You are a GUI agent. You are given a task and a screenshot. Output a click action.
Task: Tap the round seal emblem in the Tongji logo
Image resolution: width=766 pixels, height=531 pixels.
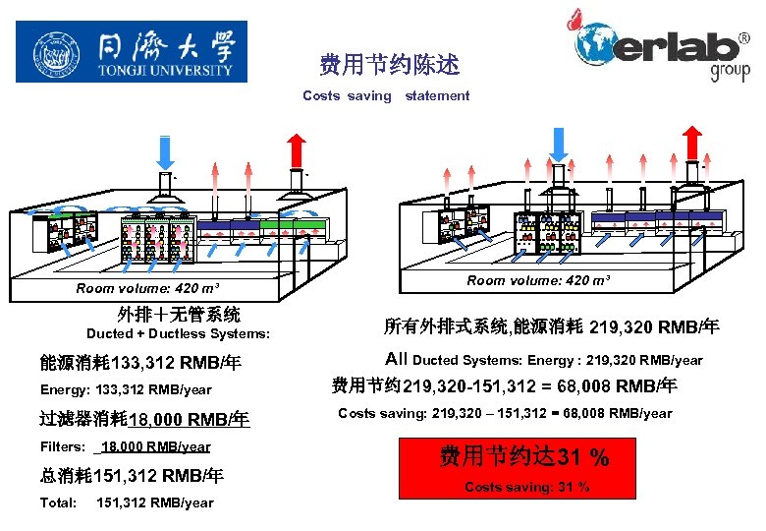57,52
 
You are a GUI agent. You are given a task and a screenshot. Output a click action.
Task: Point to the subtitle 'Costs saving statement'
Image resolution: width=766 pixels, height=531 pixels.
386,95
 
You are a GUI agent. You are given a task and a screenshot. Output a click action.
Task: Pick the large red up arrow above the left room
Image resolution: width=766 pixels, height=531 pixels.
297,149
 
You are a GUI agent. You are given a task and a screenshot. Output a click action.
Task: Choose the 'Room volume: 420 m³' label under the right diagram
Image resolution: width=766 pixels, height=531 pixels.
538,280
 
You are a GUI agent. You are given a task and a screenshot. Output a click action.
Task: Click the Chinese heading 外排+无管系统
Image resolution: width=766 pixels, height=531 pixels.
179,315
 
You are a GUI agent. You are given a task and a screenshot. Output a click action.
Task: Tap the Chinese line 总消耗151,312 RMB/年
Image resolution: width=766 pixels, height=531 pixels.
132,476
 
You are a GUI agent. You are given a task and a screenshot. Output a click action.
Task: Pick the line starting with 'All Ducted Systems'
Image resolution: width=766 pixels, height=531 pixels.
544,360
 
